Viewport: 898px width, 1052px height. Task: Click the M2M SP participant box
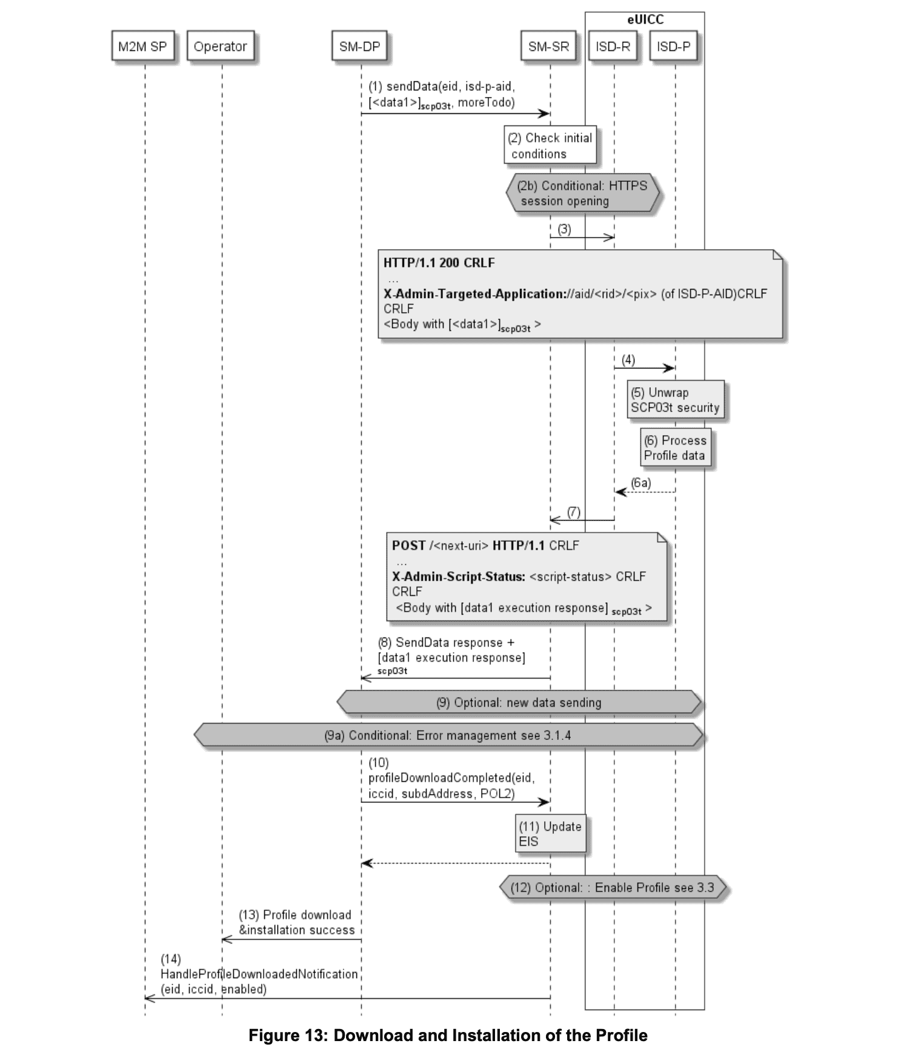(143, 47)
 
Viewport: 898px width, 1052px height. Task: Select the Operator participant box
(220, 47)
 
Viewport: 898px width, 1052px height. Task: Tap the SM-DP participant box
(359, 47)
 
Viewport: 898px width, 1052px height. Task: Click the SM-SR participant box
(548, 47)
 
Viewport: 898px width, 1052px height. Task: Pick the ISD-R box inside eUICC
(613, 47)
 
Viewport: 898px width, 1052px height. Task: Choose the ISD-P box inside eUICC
(673, 47)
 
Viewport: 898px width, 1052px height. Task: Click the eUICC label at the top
(645, 19)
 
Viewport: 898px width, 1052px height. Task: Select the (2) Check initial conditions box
(550, 145)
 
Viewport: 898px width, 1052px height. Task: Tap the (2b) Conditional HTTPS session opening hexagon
(582, 193)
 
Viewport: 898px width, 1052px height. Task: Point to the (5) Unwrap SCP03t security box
(675, 400)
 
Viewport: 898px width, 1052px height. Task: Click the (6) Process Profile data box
(674, 448)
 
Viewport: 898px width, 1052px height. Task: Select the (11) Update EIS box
(550, 834)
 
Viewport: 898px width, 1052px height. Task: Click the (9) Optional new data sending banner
(519, 702)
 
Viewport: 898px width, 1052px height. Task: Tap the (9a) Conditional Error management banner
(448, 735)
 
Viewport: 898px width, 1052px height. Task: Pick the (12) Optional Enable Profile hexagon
(612, 888)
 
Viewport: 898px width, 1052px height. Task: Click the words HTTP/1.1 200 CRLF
(439, 263)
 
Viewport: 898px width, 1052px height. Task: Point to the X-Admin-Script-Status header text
(459, 576)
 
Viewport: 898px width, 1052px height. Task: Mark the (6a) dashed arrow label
(640, 483)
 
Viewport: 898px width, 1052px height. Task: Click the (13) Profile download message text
(296, 922)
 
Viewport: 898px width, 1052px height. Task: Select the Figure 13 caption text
(448, 1036)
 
